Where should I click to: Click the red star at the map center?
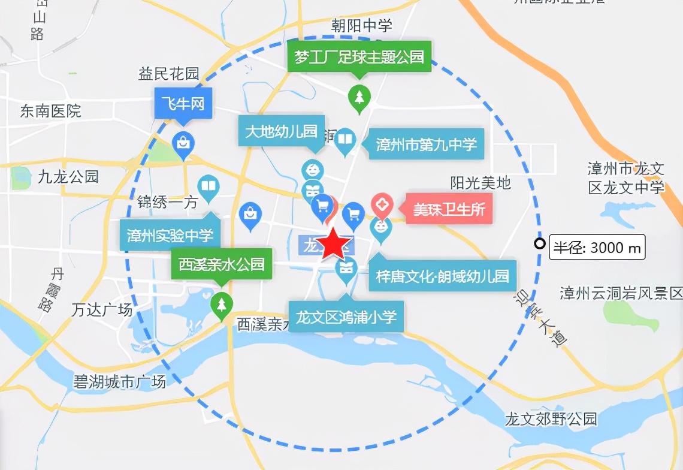[x=333, y=245]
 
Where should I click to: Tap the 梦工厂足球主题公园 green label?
[x=359, y=58]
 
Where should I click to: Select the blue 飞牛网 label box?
[x=183, y=104]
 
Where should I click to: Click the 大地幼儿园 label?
[x=281, y=131]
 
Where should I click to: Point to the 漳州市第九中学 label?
[x=426, y=144]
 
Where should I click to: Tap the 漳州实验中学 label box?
[x=170, y=236]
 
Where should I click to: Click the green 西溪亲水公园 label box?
[x=221, y=264]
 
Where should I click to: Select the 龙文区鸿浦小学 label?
[x=346, y=316]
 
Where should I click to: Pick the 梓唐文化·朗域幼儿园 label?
[x=442, y=276]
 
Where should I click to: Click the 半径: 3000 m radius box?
[x=597, y=247]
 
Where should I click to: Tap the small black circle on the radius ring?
[x=540, y=243]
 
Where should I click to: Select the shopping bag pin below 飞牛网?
[x=183, y=144]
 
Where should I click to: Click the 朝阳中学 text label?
[x=362, y=25]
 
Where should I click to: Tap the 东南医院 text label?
[x=50, y=111]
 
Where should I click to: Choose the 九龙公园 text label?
[x=67, y=177]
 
